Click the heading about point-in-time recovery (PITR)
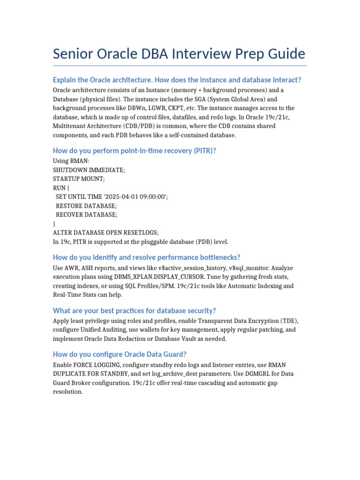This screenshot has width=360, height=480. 135,150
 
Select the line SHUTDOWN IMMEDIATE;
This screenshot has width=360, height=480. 89,170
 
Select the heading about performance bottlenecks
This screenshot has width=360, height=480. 147,257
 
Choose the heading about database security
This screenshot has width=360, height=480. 134,311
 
